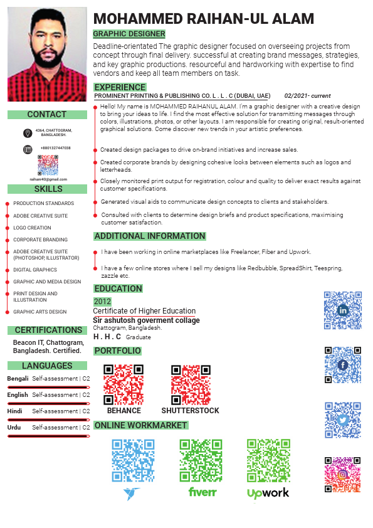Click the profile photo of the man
pos(47,54)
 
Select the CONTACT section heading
pos(47,115)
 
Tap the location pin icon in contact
pos(28,133)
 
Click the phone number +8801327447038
pos(55,148)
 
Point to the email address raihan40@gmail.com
pos(48,179)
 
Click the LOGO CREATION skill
pos(33,228)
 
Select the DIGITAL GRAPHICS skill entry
pos(35,270)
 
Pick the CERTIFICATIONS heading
pos(48,330)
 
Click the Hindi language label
pos(14,411)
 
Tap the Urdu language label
pos(14,427)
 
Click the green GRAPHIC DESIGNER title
pos(129,34)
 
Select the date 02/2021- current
pos(307,96)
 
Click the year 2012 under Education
pos(102,302)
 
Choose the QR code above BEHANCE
pos(123,384)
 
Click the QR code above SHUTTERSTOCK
pos(191,384)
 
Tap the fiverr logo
pos(202,492)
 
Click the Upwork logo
pos(268,493)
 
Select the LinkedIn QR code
pos(343,310)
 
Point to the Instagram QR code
pos(343,475)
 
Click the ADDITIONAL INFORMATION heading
pos(150,236)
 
